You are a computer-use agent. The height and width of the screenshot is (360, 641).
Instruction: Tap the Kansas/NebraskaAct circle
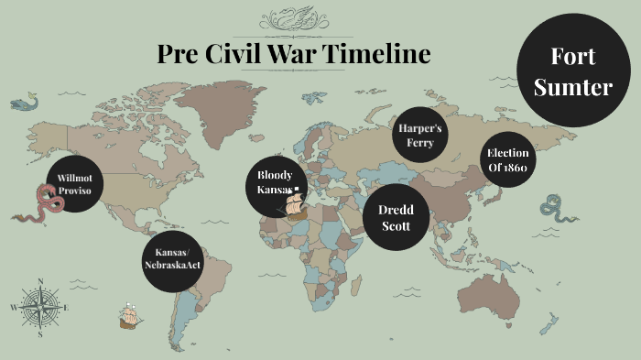click(x=172, y=257)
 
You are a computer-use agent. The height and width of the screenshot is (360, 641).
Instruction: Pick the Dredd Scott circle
click(x=396, y=216)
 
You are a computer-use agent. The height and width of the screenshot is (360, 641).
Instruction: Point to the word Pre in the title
click(x=182, y=55)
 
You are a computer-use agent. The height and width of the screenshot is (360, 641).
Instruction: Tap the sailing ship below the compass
click(x=131, y=317)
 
